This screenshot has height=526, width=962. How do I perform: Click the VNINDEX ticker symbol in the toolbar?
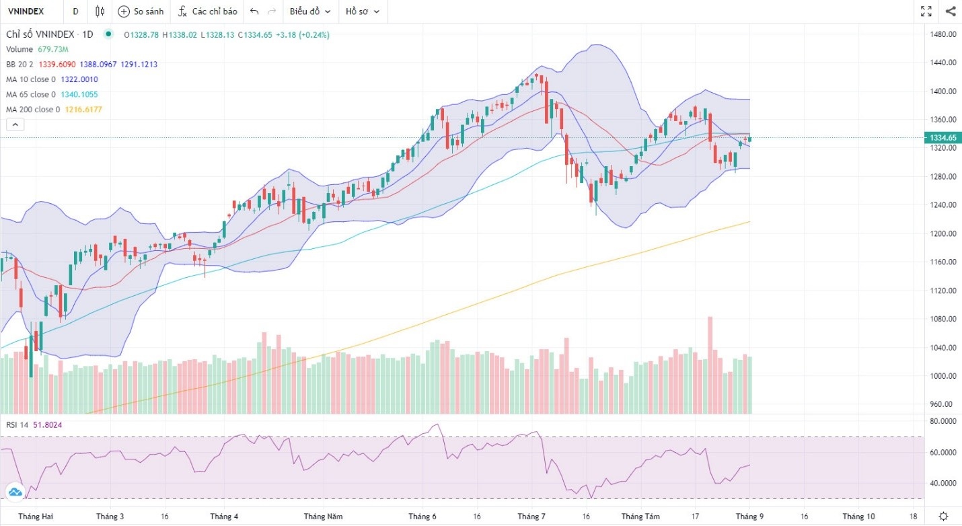pos(26,11)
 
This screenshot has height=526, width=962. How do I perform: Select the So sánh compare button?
pos(141,11)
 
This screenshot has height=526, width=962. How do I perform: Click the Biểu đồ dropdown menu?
pos(309,11)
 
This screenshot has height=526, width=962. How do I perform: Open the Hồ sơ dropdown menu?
pos(362,11)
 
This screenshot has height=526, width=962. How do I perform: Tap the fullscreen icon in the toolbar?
pos(926,11)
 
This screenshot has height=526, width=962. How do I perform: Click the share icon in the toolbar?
pos(951,11)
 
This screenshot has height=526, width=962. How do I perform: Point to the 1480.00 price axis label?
pos(942,34)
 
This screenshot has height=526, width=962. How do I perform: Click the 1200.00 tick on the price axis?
pos(942,233)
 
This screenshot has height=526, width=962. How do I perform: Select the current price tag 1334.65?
pos(943,138)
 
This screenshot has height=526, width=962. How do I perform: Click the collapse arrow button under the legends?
pos(15,124)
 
